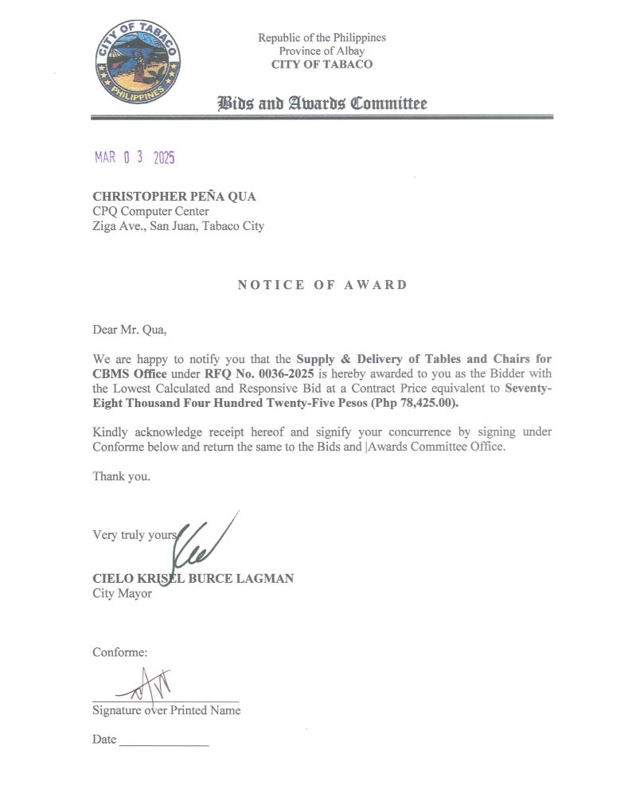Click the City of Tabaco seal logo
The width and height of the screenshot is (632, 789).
[x=138, y=63]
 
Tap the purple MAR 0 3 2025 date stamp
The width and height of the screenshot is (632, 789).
[x=134, y=158]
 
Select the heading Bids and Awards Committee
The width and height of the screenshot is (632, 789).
[x=322, y=104]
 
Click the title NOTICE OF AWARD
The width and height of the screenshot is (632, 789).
[x=322, y=285]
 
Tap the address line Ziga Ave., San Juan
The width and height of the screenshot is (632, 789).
[x=179, y=226]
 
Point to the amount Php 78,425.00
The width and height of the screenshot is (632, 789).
[x=407, y=403]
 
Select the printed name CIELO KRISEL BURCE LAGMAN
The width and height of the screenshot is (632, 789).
[x=193, y=579]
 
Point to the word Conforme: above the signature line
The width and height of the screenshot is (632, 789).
[x=120, y=652]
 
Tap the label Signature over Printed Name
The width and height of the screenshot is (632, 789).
[x=166, y=710]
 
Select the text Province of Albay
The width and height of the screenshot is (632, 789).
[x=322, y=51]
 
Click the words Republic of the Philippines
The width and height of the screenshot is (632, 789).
[x=322, y=37]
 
